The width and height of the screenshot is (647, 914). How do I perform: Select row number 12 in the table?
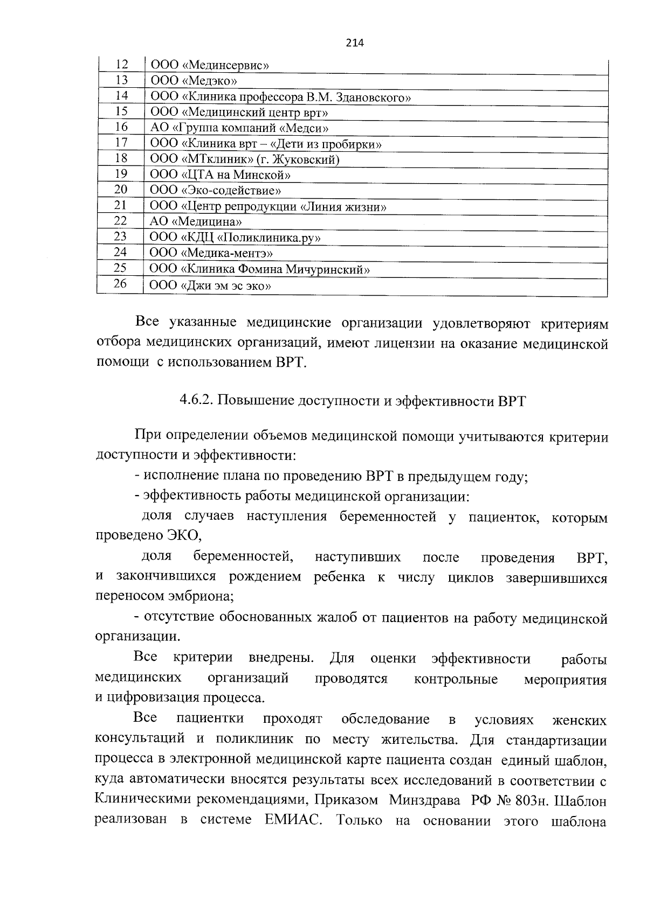click(122, 65)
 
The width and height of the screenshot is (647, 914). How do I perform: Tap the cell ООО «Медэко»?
click(194, 81)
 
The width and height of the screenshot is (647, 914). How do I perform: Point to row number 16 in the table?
click(121, 127)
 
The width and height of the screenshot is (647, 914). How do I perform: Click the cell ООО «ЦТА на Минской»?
click(221, 175)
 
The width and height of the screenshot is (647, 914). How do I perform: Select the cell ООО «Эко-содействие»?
click(216, 190)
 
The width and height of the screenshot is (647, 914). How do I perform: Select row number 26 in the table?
click(120, 284)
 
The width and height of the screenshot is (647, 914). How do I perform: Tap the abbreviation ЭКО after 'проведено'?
click(183, 535)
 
